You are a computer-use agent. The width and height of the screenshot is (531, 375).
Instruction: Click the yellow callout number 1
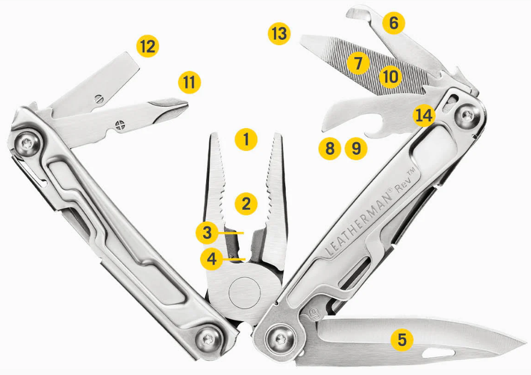pyautogui.click(x=246, y=140)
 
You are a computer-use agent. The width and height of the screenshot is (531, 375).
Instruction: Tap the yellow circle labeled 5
pyautogui.click(x=402, y=340)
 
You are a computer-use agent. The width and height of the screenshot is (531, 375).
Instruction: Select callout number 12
pyautogui.click(x=148, y=46)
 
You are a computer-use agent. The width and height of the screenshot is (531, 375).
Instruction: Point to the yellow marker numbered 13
pyautogui.click(x=279, y=34)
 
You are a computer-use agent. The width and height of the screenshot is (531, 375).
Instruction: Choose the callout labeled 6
pyautogui.click(x=394, y=23)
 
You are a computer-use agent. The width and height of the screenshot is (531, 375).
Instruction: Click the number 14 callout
pyautogui.click(x=424, y=116)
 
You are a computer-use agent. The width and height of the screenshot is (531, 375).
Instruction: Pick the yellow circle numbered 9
pyautogui.click(x=356, y=149)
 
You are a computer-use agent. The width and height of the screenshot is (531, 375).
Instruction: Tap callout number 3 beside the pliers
pyautogui.click(x=207, y=233)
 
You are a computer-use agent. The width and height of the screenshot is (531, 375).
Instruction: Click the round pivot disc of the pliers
pyautogui.click(x=244, y=292)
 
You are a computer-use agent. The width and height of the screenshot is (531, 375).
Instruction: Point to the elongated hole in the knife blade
pyautogui.click(x=438, y=353)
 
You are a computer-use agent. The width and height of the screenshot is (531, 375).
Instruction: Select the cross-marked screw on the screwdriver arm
pyautogui.click(x=120, y=125)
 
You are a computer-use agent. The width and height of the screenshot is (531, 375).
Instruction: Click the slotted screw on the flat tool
pyautogui.click(x=99, y=99)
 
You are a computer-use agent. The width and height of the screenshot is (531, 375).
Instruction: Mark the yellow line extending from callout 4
pyautogui.click(x=234, y=259)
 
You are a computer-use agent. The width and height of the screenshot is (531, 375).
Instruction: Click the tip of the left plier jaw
pyautogui.click(x=214, y=135)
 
